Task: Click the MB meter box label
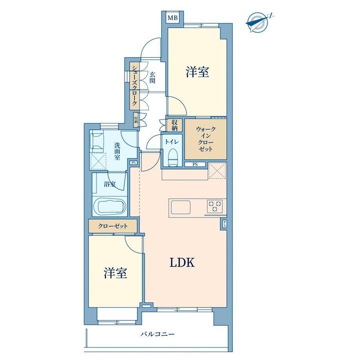pyautogui.click(x=173, y=18)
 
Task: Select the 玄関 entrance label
pyautogui.click(x=152, y=77)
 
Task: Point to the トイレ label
pyautogui.click(x=171, y=142)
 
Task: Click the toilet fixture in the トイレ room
pyautogui.click(x=171, y=157)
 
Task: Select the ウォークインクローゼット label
pyautogui.click(x=206, y=139)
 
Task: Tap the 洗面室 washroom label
pyautogui.click(x=117, y=151)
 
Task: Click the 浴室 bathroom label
pyautogui.click(x=110, y=184)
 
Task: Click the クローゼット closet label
pyautogui.click(x=113, y=226)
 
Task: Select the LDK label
pyautogui.click(x=182, y=263)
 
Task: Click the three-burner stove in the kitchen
pyautogui.click(x=215, y=206)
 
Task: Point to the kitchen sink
pyautogui.click(x=180, y=207)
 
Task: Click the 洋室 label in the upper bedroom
pyautogui.click(x=197, y=72)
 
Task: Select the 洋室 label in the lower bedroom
pyautogui.click(x=115, y=273)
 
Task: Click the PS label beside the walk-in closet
pyautogui.click(x=195, y=164)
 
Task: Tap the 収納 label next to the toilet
pyautogui.click(x=175, y=125)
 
